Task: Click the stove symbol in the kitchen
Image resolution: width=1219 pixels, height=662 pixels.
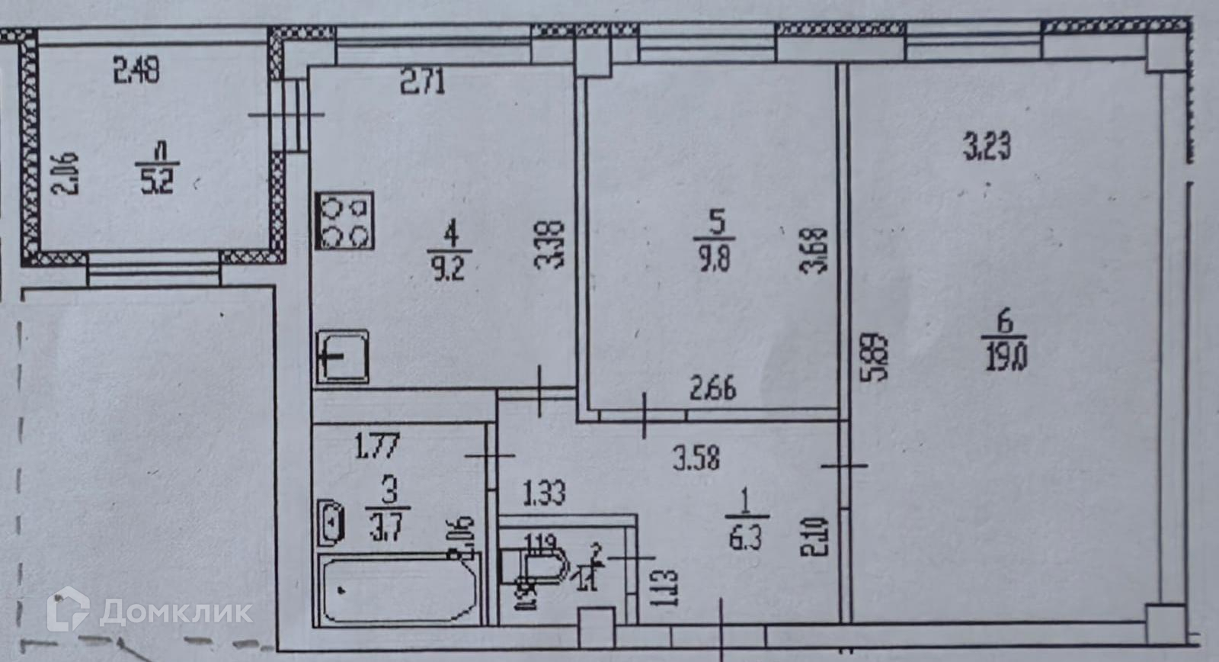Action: [x=344, y=221]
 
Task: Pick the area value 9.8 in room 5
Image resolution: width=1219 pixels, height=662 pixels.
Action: [x=713, y=259]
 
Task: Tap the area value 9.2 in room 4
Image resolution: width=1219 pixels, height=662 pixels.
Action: [x=449, y=268]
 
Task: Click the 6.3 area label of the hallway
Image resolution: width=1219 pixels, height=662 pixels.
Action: [x=745, y=538]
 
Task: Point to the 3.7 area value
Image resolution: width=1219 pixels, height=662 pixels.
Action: [x=389, y=525]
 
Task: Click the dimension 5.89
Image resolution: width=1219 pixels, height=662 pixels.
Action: [x=878, y=355]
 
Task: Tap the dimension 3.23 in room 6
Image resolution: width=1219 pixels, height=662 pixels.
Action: [x=987, y=146]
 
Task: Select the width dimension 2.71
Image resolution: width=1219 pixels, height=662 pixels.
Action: [x=423, y=81]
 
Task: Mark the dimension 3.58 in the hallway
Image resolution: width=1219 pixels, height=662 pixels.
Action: [x=696, y=458]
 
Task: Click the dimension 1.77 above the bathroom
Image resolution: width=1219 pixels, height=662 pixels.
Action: [x=377, y=445]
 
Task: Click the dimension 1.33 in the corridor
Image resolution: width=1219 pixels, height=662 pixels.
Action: [x=544, y=493]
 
